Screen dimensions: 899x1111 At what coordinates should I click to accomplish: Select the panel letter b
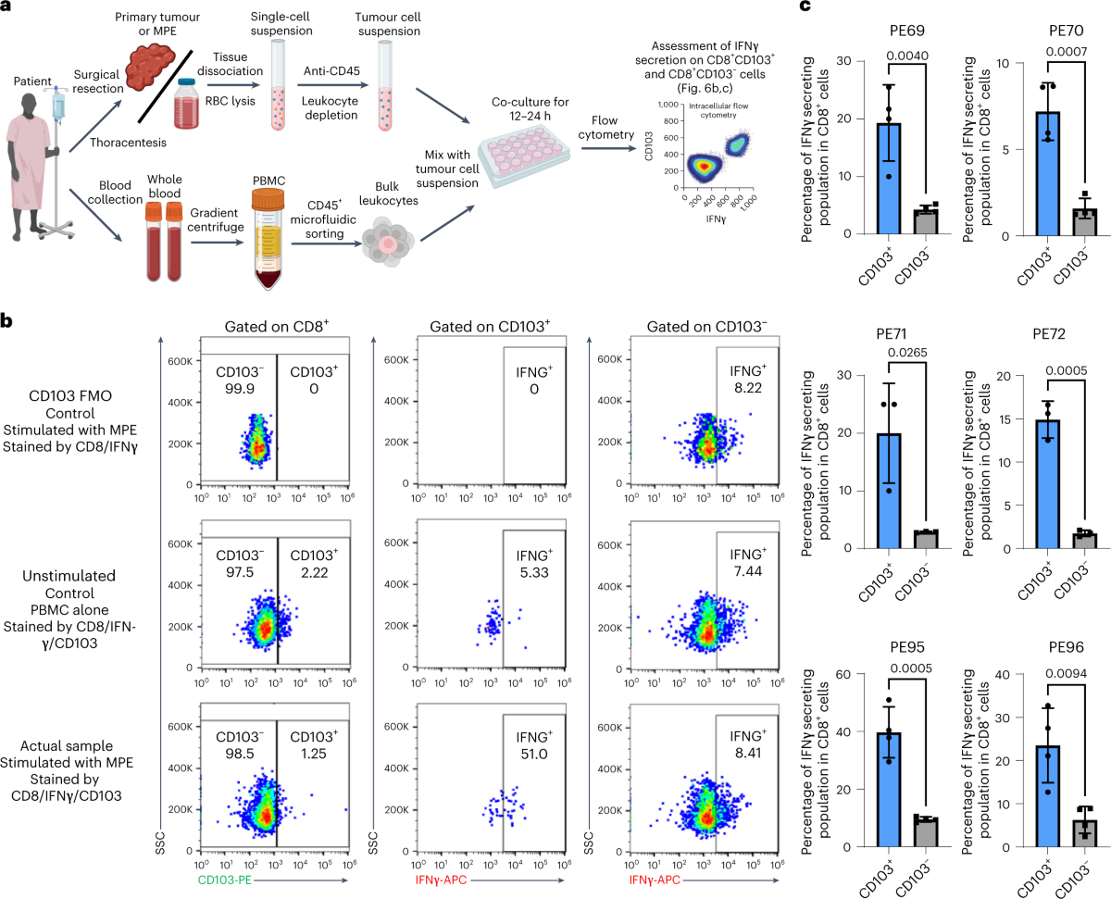tap(7, 321)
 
